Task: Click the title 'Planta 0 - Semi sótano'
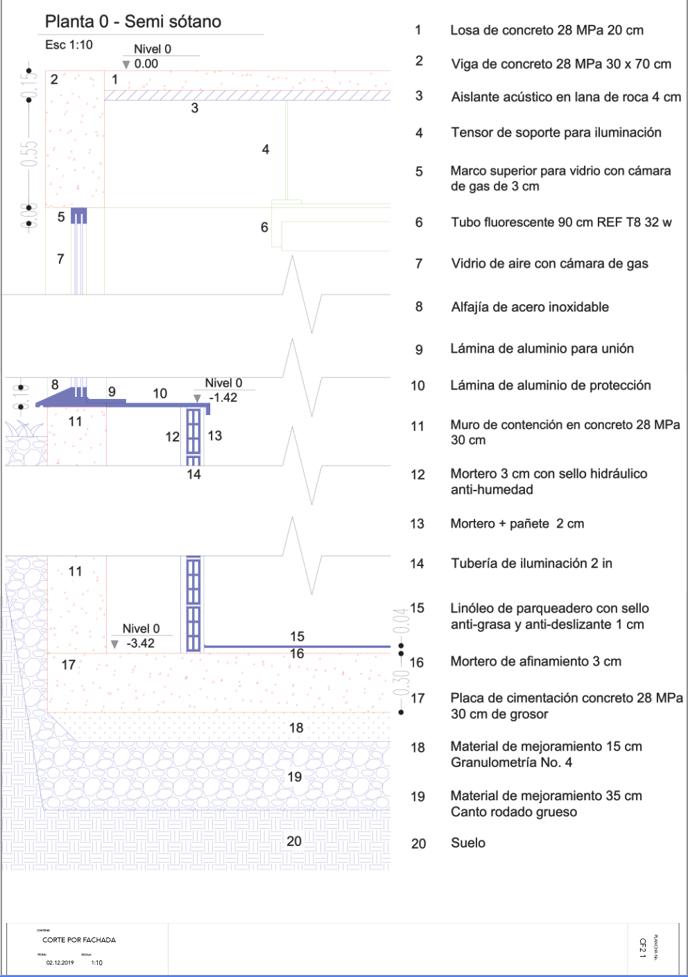(x=133, y=21)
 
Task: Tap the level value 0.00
(x=146, y=64)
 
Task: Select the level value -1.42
(x=223, y=398)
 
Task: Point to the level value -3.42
(x=141, y=643)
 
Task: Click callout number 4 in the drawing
(x=266, y=149)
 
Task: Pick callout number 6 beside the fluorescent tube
(x=264, y=227)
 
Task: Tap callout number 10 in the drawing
(x=160, y=394)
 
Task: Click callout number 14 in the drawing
(x=193, y=475)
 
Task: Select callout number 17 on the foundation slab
(x=69, y=665)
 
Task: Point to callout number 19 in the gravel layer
(x=295, y=777)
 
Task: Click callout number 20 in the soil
(x=294, y=840)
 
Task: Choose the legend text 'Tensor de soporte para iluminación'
(x=556, y=132)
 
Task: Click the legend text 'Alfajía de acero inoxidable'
(x=530, y=307)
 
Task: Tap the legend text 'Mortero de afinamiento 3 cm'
(x=536, y=662)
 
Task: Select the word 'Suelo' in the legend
(x=468, y=843)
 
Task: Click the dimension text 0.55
(x=28, y=154)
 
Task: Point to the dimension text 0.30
(x=400, y=683)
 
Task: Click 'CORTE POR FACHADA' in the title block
(x=79, y=940)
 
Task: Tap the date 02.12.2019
(x=60, y=962)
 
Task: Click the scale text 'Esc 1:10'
(x=69, y=45)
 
